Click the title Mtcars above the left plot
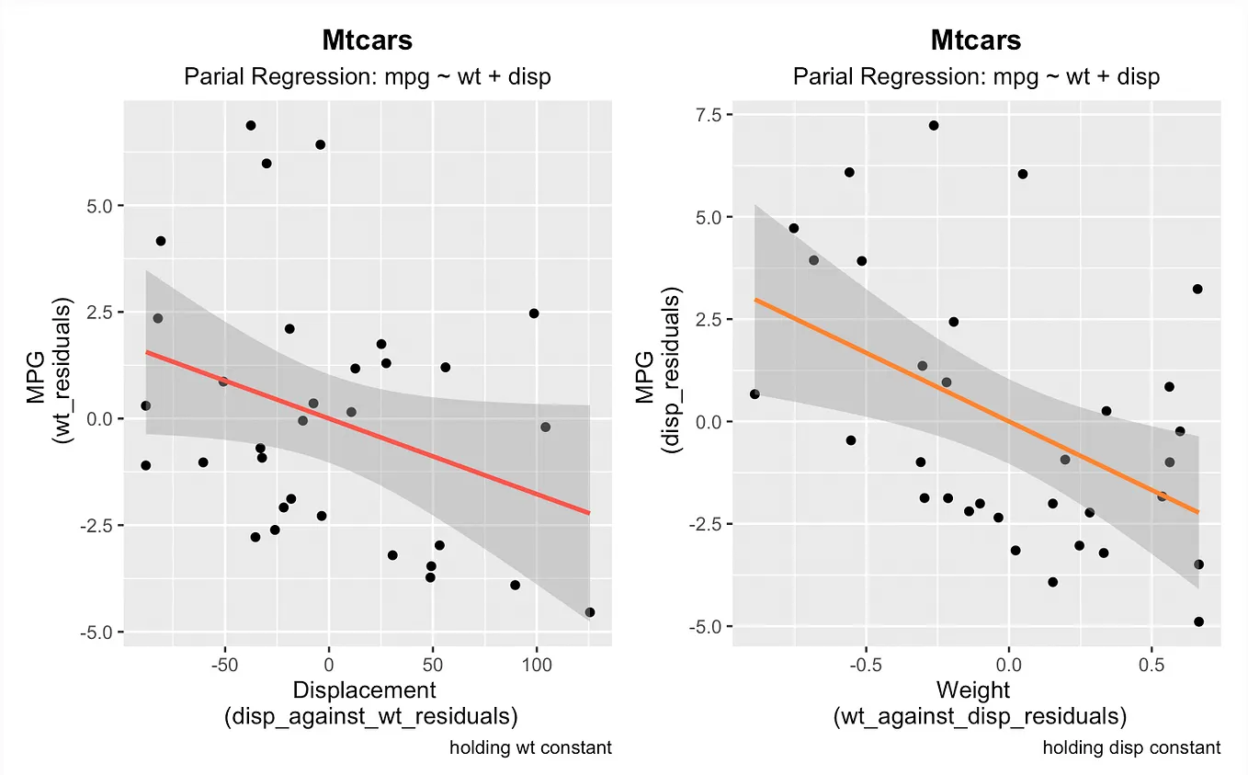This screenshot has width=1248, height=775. (367, 40)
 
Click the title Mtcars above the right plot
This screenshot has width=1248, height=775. (976, 40)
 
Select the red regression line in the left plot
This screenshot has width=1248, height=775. (368, 432)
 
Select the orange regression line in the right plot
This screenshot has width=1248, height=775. (974, 405)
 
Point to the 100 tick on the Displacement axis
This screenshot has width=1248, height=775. (536, 663)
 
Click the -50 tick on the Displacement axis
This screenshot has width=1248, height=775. (224, 663)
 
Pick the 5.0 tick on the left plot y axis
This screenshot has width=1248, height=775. (96, 205)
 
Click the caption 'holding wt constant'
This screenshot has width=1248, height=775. (530, 747)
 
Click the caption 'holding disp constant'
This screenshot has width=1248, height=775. (1131, 747)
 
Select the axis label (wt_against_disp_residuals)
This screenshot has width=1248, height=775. (979, 717)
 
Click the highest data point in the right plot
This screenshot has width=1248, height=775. (934, 125)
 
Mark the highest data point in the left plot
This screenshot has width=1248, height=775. (250, 125)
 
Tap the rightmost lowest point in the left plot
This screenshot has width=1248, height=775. (590, 612)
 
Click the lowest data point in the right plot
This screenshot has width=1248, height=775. (1198, 621)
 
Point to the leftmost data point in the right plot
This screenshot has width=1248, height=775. (754, 393)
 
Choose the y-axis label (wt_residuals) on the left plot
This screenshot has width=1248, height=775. (63, 368)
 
